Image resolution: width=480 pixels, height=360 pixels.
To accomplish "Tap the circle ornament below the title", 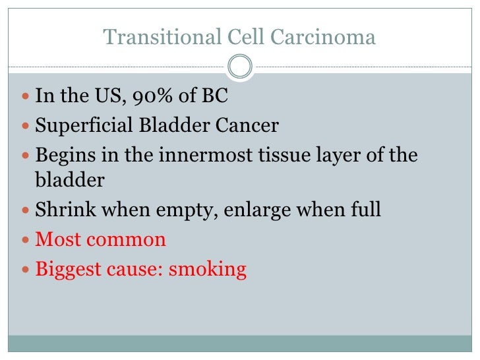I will point(240,67).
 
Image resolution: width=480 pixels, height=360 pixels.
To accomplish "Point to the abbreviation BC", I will point(214,96).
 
